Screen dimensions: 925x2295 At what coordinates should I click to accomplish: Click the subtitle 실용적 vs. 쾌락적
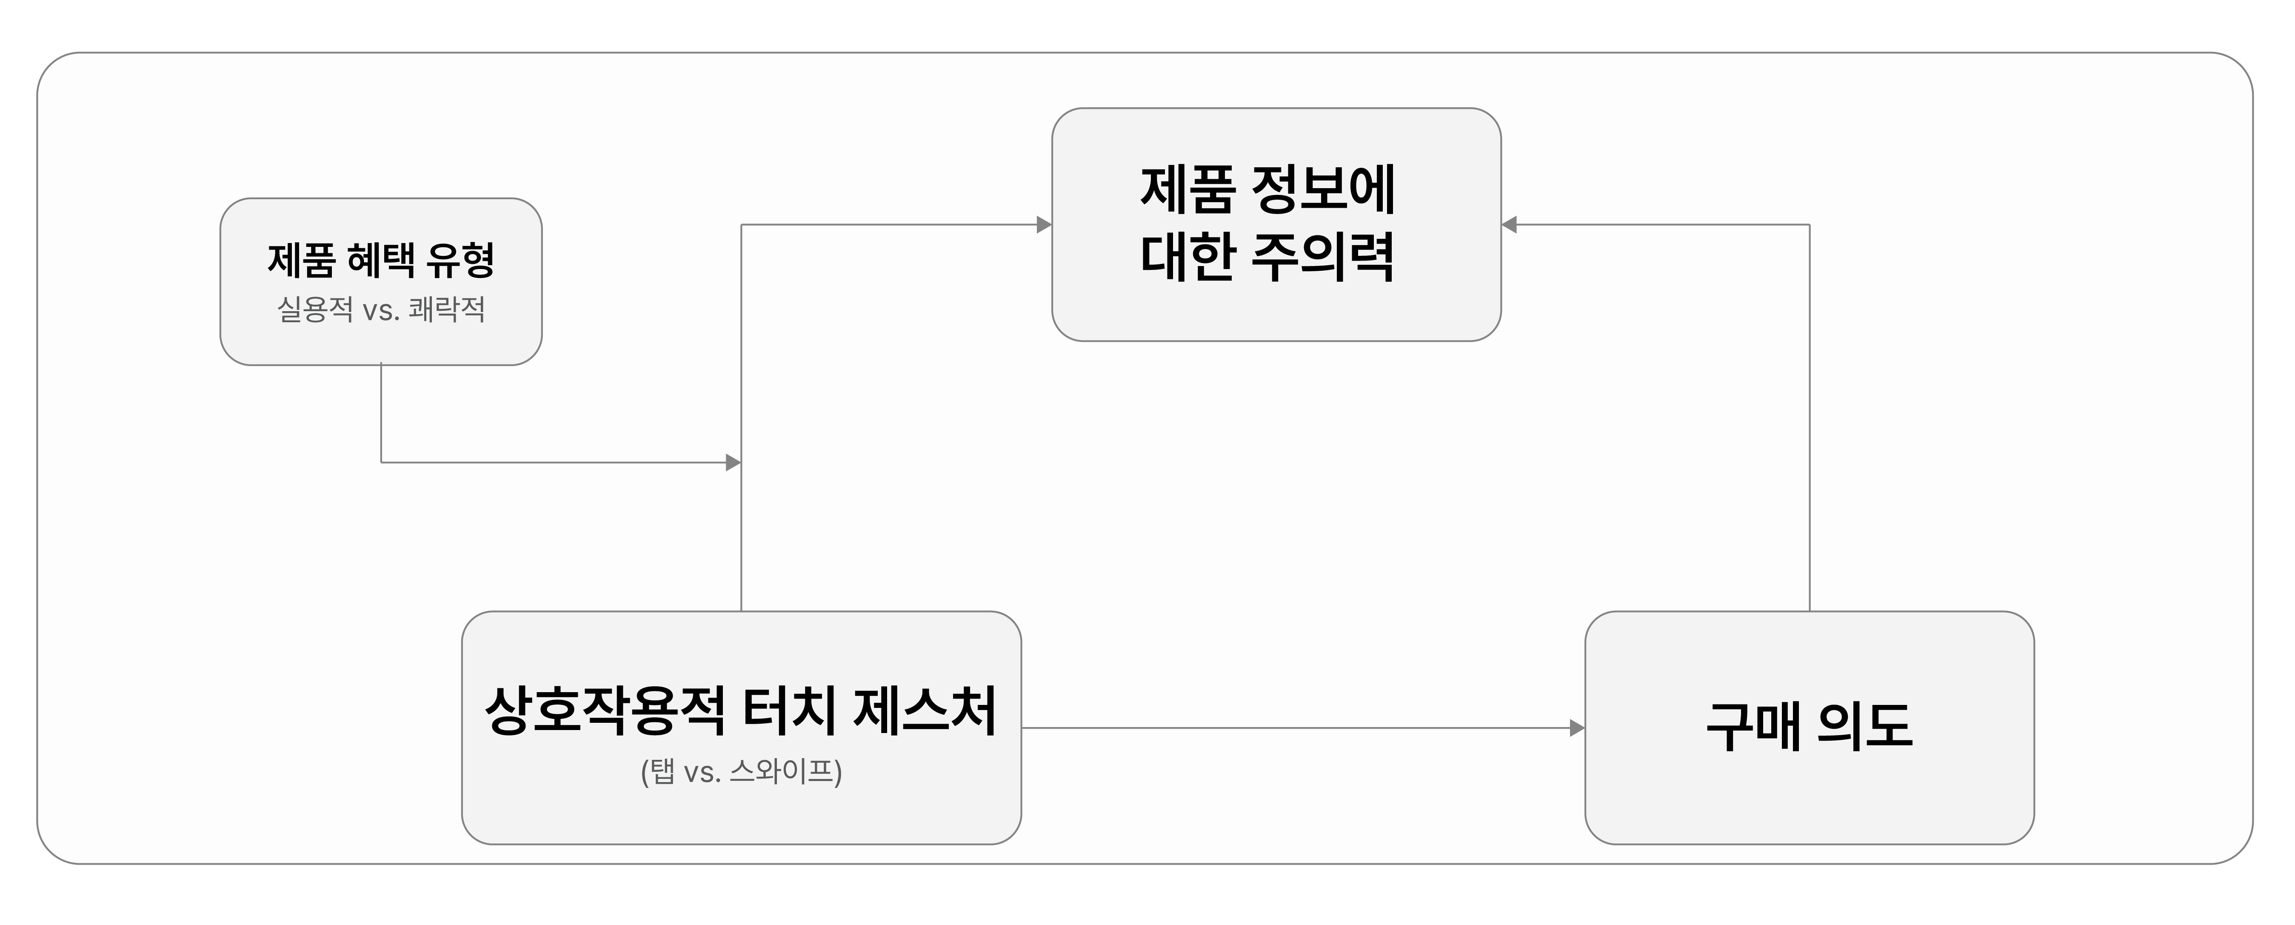click(381, 309)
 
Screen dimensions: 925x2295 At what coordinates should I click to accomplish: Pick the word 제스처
click(925, 710)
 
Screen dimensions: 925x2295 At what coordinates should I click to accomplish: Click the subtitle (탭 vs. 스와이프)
click(741, 771)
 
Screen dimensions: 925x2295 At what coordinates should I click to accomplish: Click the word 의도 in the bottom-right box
click(1865, 726)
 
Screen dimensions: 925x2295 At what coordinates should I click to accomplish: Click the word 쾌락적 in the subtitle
click(447, 309)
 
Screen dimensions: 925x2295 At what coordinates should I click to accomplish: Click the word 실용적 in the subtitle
click(315, 309)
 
